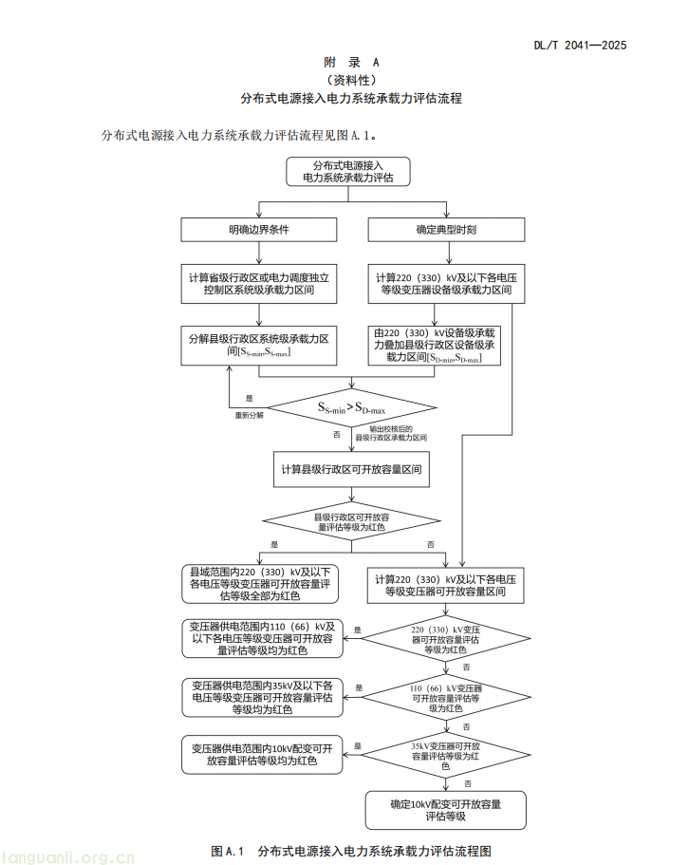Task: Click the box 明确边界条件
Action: coord(259,230)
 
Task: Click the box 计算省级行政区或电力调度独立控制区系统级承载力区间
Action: coord(259,284)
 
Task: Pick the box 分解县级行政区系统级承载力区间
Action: coord(259,345)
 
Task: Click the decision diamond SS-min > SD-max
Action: coord(351,408)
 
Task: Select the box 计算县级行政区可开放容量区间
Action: coord(351,470)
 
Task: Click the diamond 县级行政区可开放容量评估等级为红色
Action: coord(351,519)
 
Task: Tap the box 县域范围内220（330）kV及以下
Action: coord(259,583)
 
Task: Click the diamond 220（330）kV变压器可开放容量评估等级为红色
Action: coord(445,639)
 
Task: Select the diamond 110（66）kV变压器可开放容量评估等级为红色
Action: coord(445,697)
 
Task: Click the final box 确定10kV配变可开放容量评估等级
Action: coord(445,809)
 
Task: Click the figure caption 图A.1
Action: coord(351,850)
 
